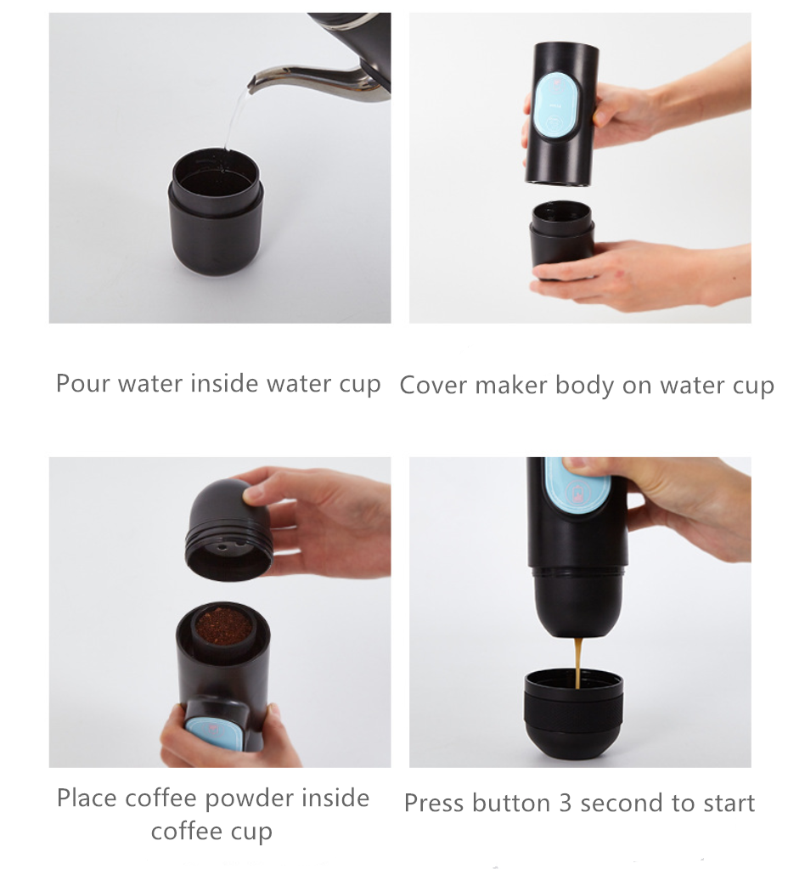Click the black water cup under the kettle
click(216, 212)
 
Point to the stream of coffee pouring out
click(578, 663)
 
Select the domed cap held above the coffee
click(229, 530)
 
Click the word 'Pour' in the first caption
click(82, 383)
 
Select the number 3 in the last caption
click(565, 803)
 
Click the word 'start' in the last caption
click(726, 804)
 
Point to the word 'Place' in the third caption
click(87, 798)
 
